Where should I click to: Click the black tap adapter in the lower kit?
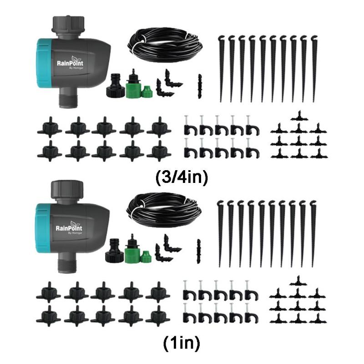coord(114,253)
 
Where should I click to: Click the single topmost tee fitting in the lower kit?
coord(298,279)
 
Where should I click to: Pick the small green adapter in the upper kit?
coord(147,91)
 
